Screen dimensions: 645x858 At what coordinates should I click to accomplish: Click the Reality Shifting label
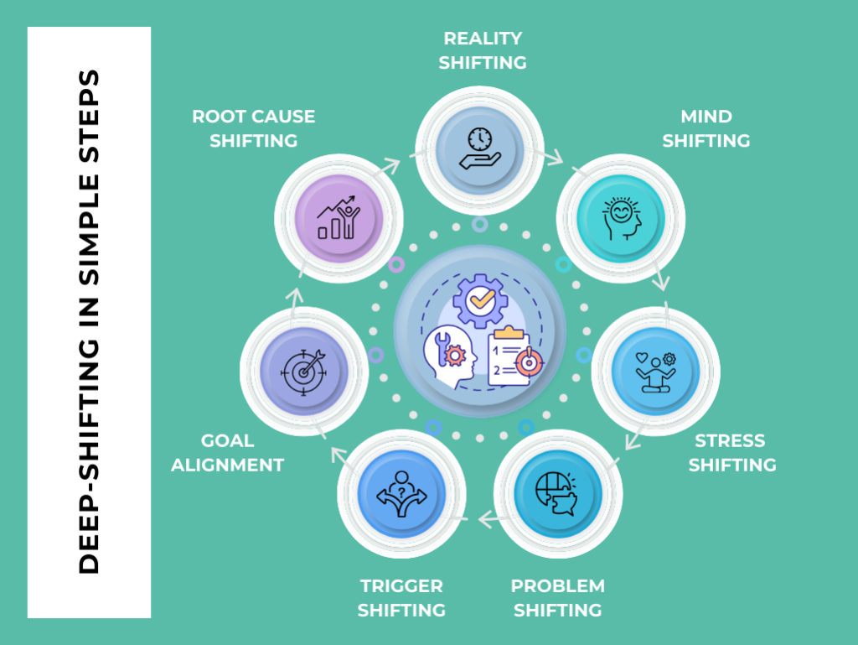483,50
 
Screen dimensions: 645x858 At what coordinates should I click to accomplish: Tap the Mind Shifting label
706,128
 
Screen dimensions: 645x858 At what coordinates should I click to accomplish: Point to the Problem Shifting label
557,597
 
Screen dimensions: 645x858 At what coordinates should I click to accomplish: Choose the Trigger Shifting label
401,597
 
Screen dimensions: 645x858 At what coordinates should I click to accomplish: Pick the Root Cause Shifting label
253,128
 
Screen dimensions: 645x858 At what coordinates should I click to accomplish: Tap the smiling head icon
620,219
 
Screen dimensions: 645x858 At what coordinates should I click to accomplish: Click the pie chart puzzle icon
557,493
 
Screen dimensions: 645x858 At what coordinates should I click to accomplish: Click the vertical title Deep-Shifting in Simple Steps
89,322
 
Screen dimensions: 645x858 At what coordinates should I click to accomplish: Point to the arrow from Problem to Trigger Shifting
486,521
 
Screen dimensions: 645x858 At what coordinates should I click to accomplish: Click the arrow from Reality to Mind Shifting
553,156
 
